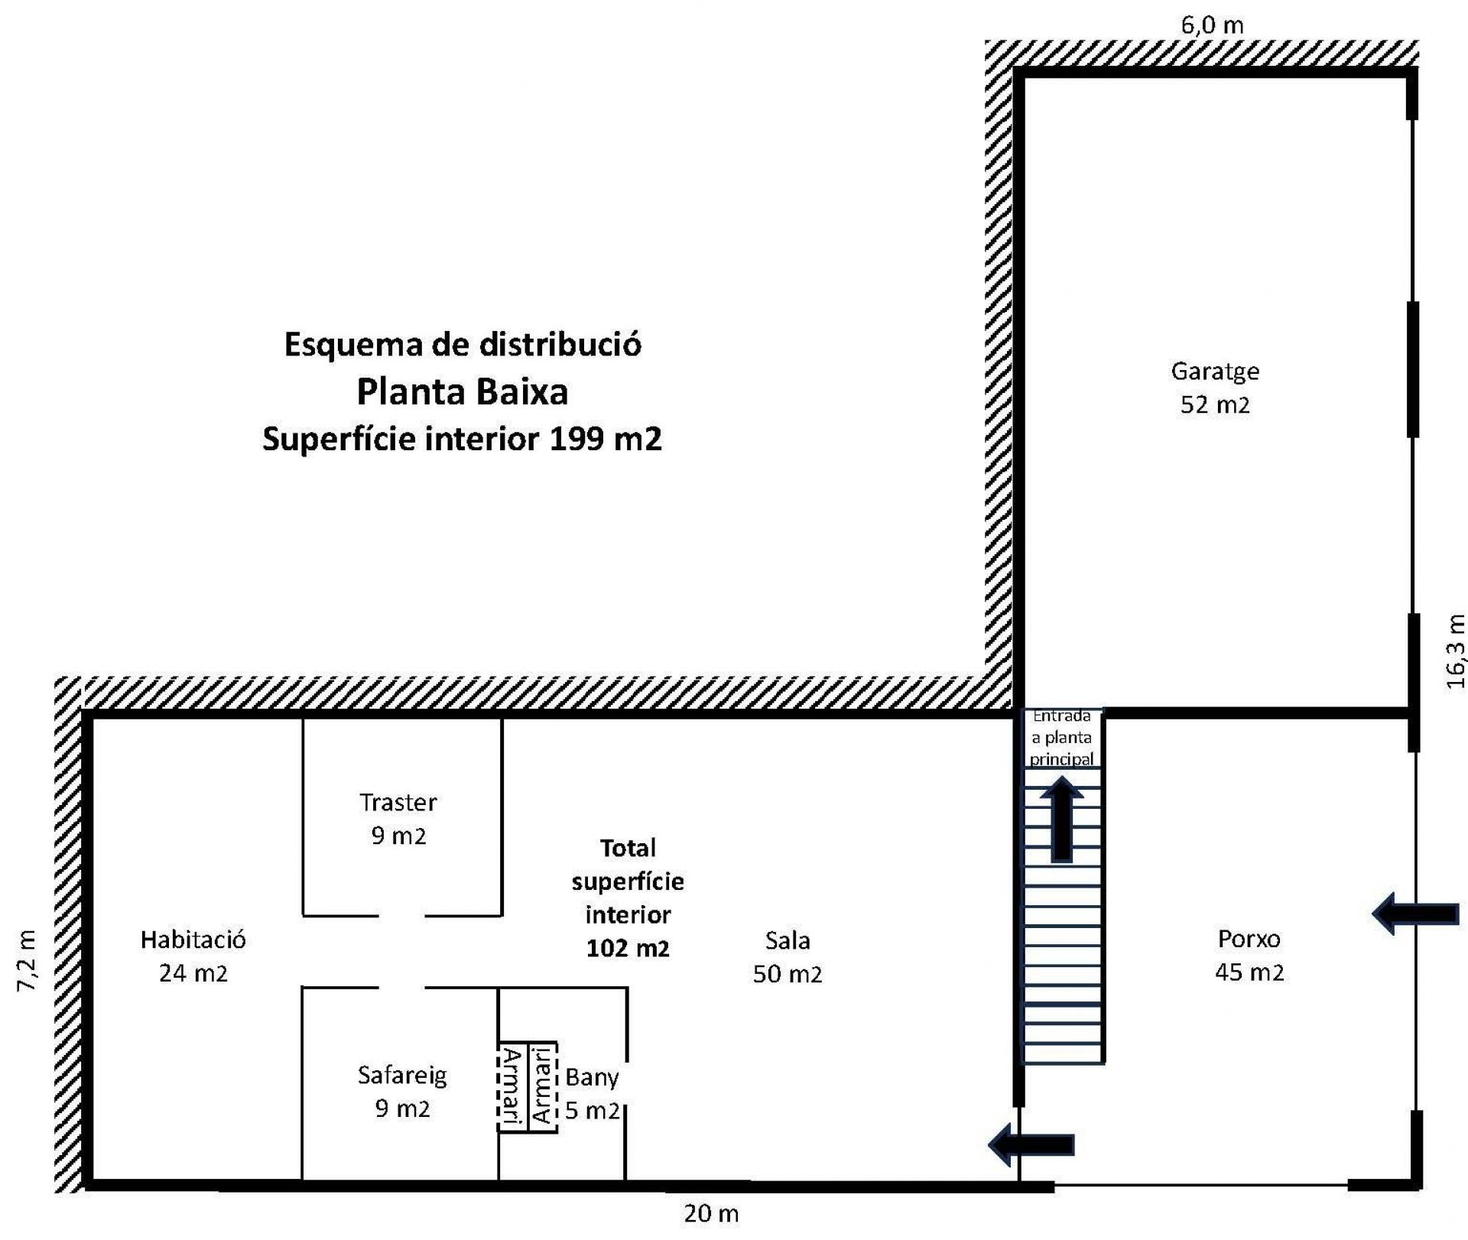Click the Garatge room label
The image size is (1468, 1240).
coord(1215,372)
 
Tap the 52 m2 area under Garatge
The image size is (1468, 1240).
coord(1215,404)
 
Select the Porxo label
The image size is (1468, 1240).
coord(1249,939)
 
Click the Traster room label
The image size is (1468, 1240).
coord(398,802)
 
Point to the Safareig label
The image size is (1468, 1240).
coord(402,1076)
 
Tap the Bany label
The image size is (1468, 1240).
coord(593,1078)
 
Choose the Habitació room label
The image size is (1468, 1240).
coord(193,940)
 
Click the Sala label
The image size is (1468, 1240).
coord(788,940)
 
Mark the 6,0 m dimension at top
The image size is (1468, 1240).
coord(1213,25)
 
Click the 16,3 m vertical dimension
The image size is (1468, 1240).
coord(1456,651)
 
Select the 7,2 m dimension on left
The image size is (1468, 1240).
coord(27,961)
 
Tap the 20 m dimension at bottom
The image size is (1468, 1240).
coord(711,1213)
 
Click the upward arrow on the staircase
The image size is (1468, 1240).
coord(1061,819)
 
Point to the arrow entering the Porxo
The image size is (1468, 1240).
coord(1415,913)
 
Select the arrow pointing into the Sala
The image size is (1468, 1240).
coord(1031,1144)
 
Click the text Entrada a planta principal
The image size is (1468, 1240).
coord(1062,738)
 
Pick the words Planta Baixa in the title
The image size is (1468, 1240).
coord(463,392)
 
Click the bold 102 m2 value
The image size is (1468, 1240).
coord(628,949)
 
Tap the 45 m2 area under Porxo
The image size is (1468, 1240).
coord(1249,972)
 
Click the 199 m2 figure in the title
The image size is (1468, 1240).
coord(606,439)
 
